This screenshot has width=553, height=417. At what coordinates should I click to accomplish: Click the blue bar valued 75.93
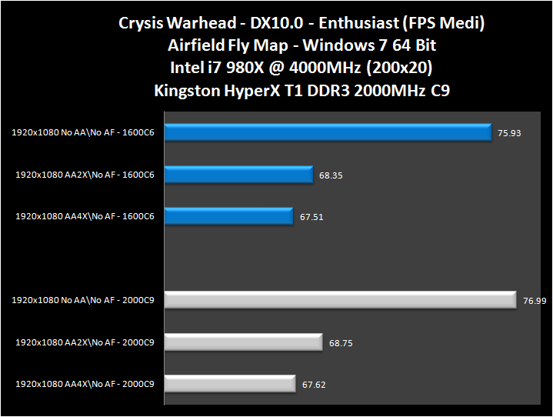point(328,133)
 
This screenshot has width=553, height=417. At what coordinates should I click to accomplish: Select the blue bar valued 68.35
point(239,175)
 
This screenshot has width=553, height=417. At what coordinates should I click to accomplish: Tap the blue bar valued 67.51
point(229,216)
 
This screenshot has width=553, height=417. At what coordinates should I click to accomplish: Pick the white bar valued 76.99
point(340,300)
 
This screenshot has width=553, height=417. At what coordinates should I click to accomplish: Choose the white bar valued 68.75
point(243,342)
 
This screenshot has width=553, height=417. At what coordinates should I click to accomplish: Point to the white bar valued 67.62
point(230,383)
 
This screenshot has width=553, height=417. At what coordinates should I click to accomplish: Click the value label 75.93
point(509,133)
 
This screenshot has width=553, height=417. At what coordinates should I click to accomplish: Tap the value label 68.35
point(331,175)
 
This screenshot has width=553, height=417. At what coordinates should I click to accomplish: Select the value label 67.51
point(311,217)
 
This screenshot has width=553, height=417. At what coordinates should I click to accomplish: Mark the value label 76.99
point(534,301)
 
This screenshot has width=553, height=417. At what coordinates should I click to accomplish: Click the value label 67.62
point(314,384)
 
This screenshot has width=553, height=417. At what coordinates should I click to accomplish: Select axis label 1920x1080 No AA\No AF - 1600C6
point(83,133)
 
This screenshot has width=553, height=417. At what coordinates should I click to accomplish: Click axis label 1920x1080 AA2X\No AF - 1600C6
point(85,175)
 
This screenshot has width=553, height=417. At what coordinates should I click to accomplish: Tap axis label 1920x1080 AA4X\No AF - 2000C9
point(85,383)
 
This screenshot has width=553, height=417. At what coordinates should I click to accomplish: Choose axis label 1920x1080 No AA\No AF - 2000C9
point(83,300)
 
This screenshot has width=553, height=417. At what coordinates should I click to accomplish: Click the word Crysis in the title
point(142,22)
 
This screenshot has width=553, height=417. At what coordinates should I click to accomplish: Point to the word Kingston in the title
point(188,91)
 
